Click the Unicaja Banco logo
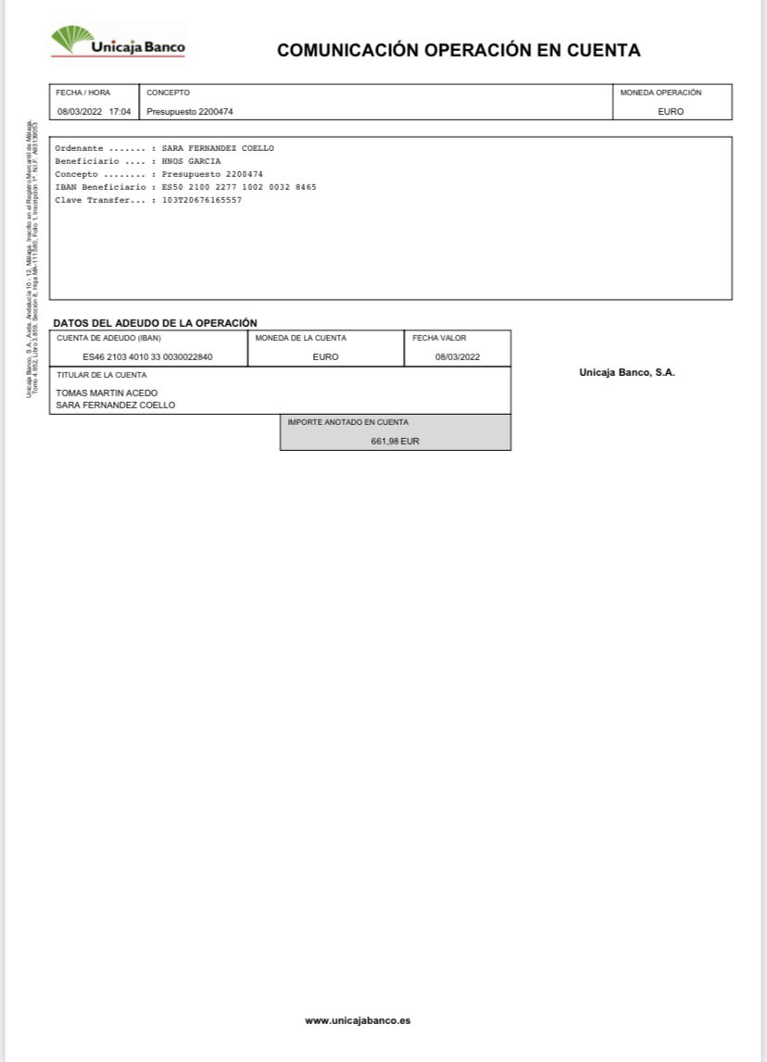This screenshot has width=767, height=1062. tap(118, 43)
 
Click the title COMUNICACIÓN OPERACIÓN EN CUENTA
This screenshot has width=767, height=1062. tap(459, 51)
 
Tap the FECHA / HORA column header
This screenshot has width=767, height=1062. tap(83, 93)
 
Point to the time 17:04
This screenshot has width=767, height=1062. tap(119, 111)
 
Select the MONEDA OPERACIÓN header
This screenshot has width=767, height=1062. tap(660, 93)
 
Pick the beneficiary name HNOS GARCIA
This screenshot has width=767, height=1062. tap(191, 161)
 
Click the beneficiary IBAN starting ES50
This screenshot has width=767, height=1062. tap(239, 187)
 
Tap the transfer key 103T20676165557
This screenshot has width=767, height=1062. tap(202, 200)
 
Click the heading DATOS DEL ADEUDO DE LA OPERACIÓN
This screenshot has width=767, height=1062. tap(155, 322)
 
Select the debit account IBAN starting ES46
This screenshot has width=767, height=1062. tap(147, 357)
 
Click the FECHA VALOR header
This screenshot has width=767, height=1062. tap(439, 338)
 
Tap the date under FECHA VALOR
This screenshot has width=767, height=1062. tap(458, 357)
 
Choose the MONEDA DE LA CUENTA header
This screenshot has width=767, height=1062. tap(300, 338)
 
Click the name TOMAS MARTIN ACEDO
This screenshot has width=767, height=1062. tap(107, 393)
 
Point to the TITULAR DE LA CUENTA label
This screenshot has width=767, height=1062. tap(102, 375)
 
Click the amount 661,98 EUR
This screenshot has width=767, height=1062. tap(395, 442)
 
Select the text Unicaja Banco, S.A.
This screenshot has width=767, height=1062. tap(627, 372)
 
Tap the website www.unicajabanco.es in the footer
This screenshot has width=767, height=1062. tap(358, 1020)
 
